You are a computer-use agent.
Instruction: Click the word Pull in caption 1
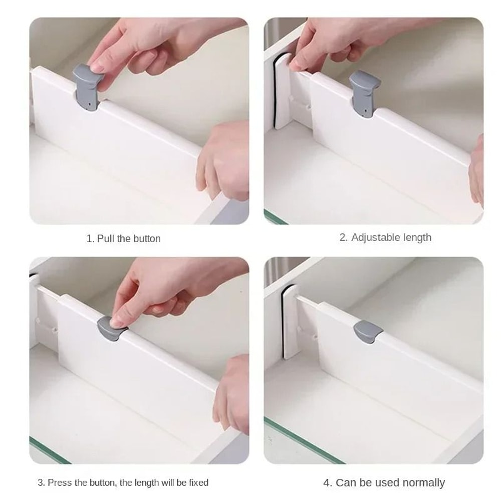click(x=106, y=239)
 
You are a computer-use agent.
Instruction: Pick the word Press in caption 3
click(x=60, y=483)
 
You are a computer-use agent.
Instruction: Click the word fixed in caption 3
click(x=197, y=483)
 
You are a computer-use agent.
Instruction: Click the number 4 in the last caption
click(x=327, y=483)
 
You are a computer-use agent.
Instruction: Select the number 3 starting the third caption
click(x=41, y=483)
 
